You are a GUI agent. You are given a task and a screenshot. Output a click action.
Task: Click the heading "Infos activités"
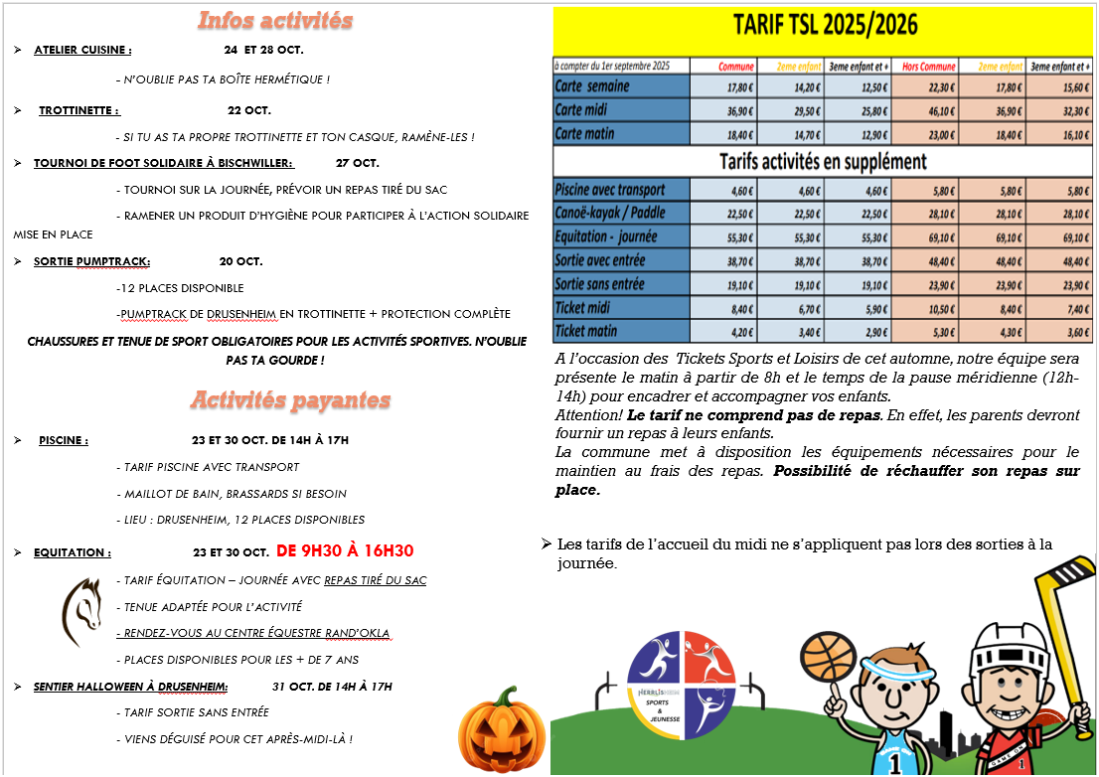[275, 20]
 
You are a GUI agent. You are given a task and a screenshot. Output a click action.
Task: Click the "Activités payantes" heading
[290, 399]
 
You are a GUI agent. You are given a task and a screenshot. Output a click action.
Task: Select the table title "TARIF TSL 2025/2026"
[825, 25]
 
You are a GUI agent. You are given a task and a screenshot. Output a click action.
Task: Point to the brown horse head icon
[81, 605]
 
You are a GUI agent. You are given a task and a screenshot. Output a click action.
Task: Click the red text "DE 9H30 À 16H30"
[345, 551]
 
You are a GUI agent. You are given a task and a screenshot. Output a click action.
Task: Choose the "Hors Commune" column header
[924, 67]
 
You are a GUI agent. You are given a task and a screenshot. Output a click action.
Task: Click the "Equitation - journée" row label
[607, 236]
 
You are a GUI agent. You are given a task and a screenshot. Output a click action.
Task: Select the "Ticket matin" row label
[586, 331]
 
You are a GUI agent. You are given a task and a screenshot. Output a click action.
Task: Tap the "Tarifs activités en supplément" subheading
[823, 161]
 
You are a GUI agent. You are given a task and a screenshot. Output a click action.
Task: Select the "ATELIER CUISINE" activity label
[81, 50]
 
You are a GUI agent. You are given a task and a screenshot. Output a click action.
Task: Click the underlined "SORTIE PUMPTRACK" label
[91, 261]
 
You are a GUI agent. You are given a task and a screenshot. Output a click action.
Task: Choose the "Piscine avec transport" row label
[610, 189]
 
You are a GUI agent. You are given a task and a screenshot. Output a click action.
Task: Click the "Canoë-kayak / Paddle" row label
[610, 213]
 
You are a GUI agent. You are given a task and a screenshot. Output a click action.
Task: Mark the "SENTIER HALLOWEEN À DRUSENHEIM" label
[130, 686]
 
